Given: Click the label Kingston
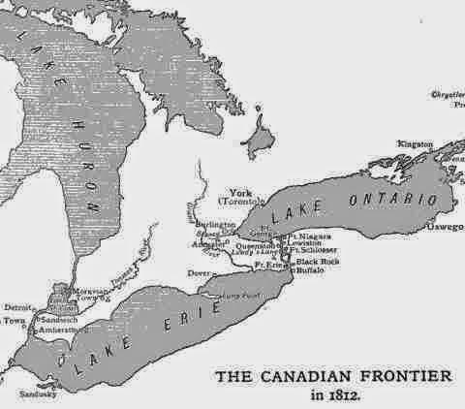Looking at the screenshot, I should [x=414, y=143].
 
